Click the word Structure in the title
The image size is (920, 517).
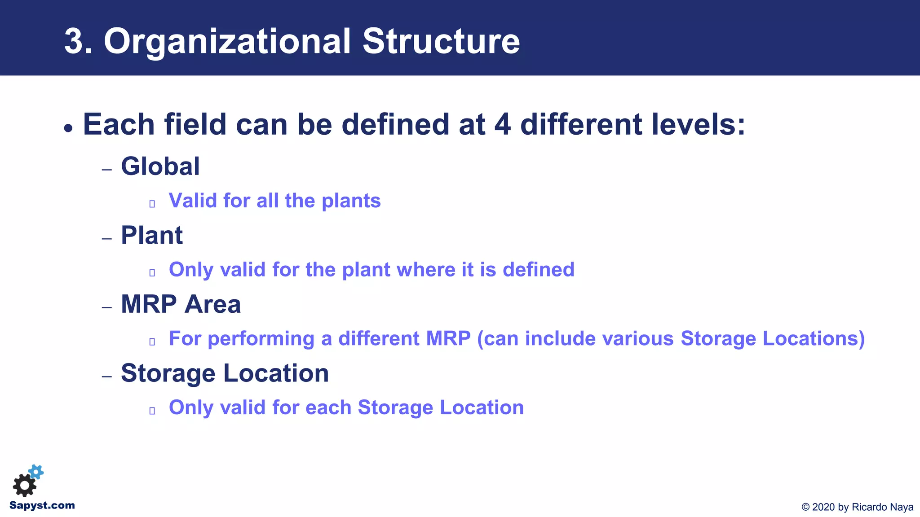click(441, 41)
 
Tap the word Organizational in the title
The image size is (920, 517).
click(227, 41)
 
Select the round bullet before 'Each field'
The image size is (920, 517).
click(68, 128)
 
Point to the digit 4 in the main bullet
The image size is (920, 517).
click(502, 124)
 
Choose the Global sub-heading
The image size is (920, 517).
click(160, 166)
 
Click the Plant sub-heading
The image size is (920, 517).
click(151, 235)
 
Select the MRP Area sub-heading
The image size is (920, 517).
click(181, 304)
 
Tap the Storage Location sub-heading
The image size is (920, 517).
click(225, 373)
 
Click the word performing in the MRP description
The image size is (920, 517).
click(261, 339)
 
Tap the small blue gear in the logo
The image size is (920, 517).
click(36, 472)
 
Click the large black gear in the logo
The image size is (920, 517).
click(24, 486)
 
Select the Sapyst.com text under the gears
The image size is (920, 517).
click(42, 505)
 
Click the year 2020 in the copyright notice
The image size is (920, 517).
click(823, 507)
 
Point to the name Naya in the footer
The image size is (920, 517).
click(902, 507)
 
